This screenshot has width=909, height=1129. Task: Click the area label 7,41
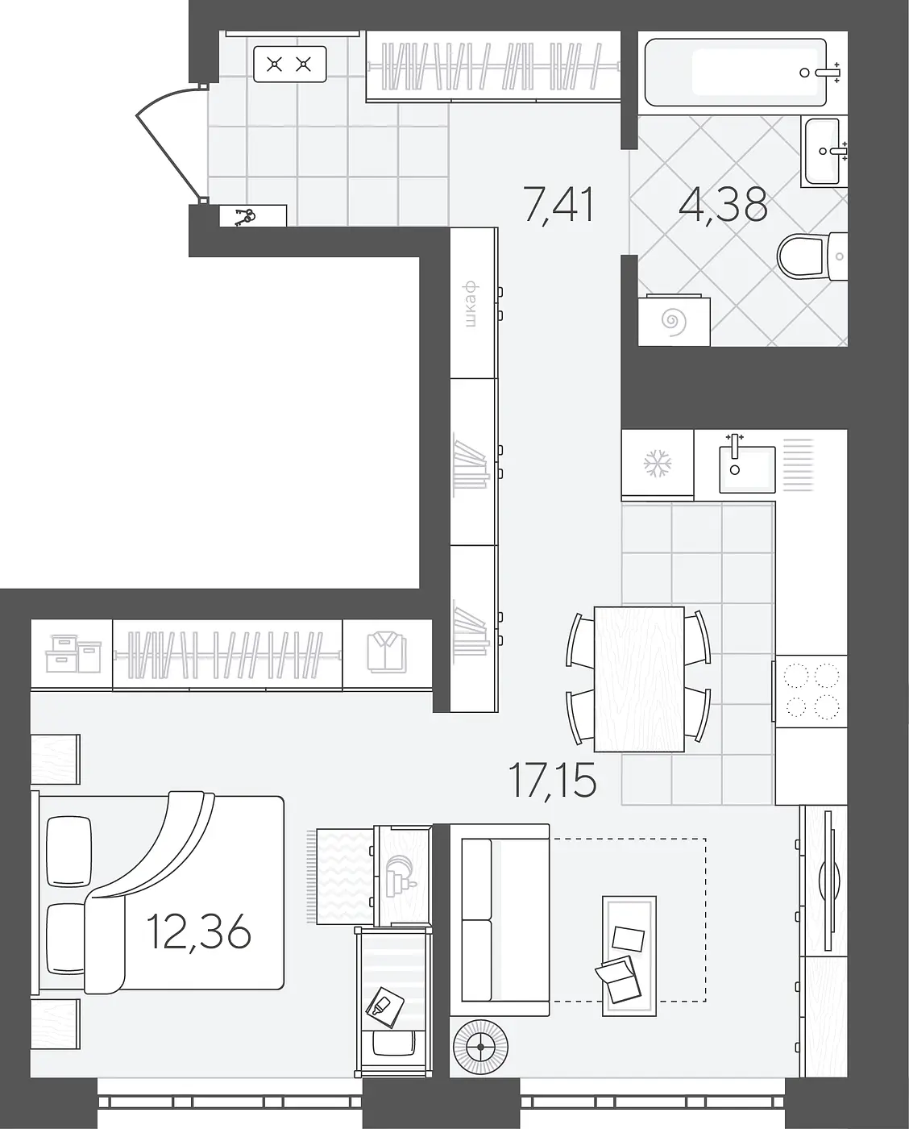click(x=559, y=206)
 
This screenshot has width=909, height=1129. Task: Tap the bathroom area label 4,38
click(x=724, y=205)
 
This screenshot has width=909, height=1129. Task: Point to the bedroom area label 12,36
click(x=199, y=931)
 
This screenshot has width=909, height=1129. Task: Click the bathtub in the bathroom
click(x=736, y=73)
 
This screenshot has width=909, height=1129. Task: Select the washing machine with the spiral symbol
click(x=674, y=320)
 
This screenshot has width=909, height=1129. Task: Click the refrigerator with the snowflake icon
click(x=658, y=464)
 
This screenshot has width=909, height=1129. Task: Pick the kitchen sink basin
click(x=747, y=469)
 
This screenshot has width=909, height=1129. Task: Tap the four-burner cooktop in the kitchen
click(x=811, y=691)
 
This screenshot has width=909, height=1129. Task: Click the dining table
click(x=639, y=679)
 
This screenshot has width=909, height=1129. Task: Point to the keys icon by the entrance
click(x=244, y=217)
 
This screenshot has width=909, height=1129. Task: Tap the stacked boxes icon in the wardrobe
click(x=73, y=653)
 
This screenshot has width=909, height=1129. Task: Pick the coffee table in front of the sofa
click(x=629, y=955)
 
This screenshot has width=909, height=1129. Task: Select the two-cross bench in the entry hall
click(x=289, y=64)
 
